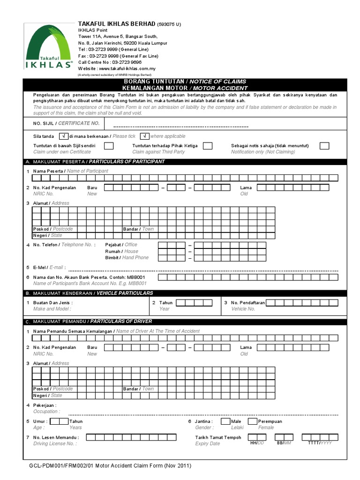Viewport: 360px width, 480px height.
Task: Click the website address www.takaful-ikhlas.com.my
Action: point(120,68)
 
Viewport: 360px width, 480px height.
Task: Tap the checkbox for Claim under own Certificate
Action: point(108,146)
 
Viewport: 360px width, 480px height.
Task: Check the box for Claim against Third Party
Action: point(207,146)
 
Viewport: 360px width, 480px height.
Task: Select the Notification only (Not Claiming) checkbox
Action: point(324,146)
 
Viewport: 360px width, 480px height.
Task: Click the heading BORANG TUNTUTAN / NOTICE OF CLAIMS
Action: point(184,82)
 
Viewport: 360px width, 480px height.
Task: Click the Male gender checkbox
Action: point(225,421)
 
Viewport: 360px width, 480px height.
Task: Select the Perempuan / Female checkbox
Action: point(253,421)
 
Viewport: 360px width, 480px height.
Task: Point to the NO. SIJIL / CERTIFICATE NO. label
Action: point(66,123)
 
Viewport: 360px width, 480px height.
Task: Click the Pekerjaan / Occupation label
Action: point(45,408)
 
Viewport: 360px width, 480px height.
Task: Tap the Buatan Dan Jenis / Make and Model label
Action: point(52,306)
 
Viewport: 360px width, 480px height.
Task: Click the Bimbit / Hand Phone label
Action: point(127,258)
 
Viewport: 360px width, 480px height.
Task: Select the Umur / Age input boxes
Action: point(59,421)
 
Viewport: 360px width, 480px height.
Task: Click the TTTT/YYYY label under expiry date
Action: point(320,443)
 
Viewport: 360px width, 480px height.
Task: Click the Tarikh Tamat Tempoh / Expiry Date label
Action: point(218,440)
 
